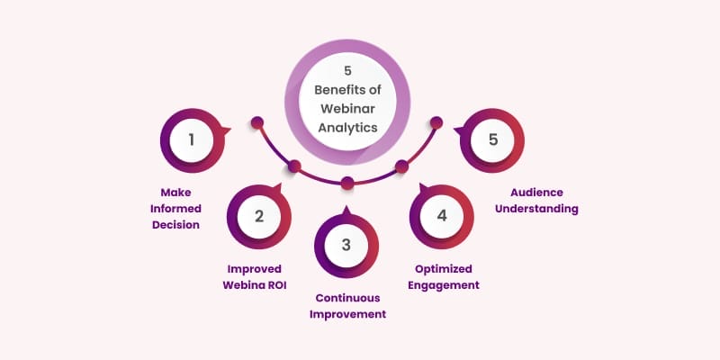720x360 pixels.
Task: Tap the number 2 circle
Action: click(259, 216)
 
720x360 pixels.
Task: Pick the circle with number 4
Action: click(442, 217)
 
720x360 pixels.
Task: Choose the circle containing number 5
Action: click(492, 139)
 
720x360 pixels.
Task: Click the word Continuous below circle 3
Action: click(348, 298)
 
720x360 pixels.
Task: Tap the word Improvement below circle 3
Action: click(348, 314)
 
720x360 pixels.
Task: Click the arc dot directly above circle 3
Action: click(347, 184)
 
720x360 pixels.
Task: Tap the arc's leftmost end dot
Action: click(256, 121)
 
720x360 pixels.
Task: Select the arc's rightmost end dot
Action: click(438, 121)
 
